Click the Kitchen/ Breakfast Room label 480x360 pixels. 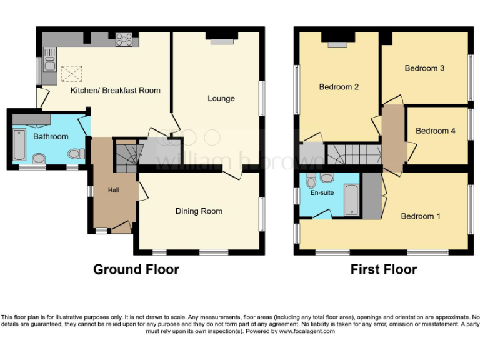pos(116,91)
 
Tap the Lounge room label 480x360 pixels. pos(221,98)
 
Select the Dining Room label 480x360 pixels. pos(199,211)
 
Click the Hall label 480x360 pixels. pos(113,190)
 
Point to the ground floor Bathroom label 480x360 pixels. pos(51,136)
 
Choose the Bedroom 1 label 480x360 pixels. pos(421,216)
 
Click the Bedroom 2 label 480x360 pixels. pos(339,87)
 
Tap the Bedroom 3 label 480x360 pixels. pos(424,68)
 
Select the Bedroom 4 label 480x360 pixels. pos(436,131)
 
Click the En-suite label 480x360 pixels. pos(322,193)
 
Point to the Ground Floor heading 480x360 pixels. pos(136,270)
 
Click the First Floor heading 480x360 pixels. pos(384,270)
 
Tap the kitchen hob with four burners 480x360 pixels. pos(124,39)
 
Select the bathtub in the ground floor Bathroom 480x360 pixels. pos(19,144)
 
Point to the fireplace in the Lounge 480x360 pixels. pos(221,39)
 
